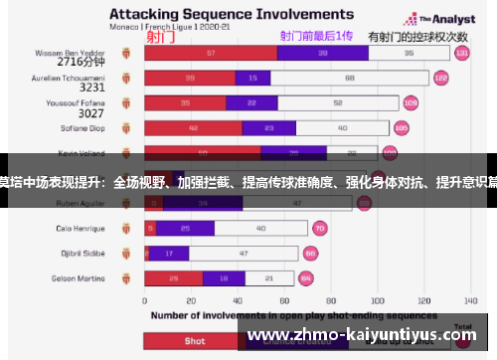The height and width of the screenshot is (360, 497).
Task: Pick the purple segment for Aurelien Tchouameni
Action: tap(252, 77)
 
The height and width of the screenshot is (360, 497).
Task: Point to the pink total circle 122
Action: tap(440, 77)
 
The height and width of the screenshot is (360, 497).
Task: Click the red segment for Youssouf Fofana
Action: tap(185, 101)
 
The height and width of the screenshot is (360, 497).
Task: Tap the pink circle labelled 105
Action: tap(401, 127)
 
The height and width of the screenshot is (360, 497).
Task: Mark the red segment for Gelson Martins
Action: tap(174, 278)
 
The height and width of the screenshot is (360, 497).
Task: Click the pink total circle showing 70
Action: tap(319, 228)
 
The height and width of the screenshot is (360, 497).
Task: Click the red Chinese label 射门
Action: tap(160, 37)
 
